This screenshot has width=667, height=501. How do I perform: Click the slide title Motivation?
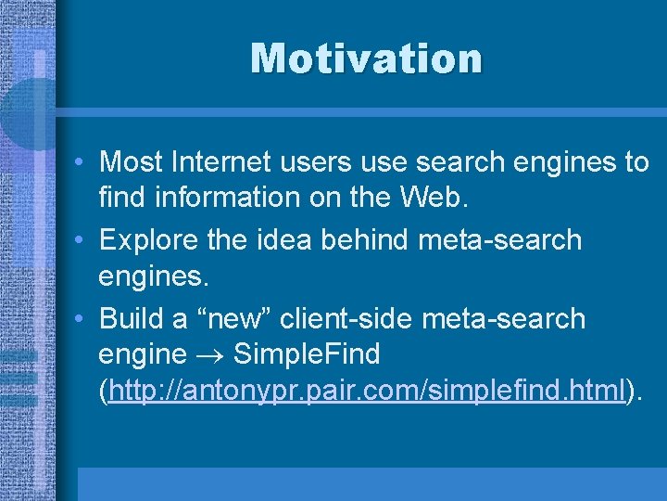366,58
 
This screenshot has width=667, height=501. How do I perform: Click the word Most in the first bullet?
126,162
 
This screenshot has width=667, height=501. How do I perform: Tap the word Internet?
205,162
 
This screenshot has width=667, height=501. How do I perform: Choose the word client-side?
346,318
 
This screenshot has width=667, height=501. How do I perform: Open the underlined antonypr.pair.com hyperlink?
366,392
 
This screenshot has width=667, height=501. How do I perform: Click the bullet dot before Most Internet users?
82,163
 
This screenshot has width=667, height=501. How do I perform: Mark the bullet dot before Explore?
82,241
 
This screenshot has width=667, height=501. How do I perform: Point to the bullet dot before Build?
82,319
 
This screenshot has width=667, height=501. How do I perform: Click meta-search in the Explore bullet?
500,240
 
